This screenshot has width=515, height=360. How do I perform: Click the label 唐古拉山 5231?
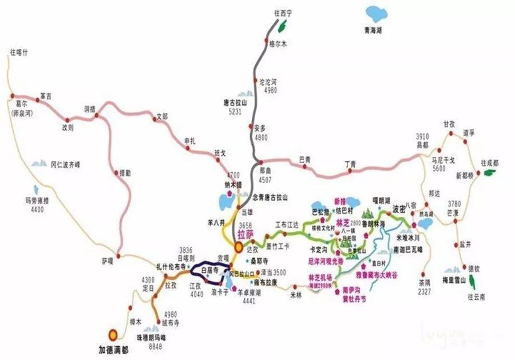(235, 108)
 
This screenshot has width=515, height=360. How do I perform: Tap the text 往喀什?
(19, 52)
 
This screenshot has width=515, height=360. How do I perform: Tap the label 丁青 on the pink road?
(350, 165)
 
